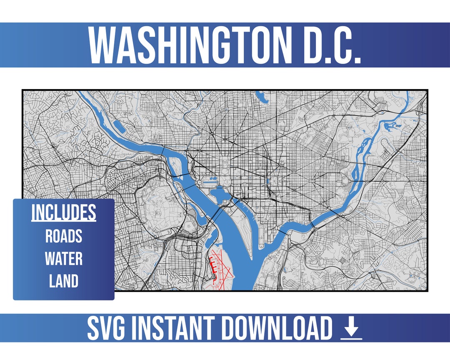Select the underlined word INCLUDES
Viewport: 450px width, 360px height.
(x=64, y=213)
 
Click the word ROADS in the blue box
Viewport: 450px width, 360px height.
(x=64, y=236)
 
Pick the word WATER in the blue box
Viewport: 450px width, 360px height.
(x=64, y=259)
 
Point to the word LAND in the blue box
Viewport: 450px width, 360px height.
(x=64, y=281)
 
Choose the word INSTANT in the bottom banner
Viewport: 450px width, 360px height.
(x=177, y=328)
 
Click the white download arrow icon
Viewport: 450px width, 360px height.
(x=351, y=329)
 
